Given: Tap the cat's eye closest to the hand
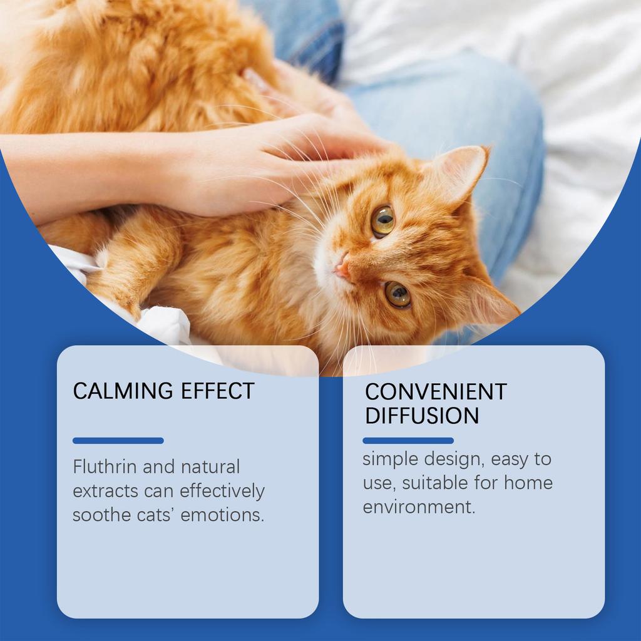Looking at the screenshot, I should (382, 220).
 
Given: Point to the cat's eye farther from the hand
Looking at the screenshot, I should (397, 294).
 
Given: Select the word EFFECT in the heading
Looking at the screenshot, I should (217, 391).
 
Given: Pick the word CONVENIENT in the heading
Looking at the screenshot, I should (436, 392).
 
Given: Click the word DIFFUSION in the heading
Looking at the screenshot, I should (422, 416).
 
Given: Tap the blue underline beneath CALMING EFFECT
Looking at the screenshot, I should (118, 441).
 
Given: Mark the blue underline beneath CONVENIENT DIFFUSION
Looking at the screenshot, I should (408, 441).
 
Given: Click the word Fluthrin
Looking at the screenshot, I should (105, 467).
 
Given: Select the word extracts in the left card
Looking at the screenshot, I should (106, 491).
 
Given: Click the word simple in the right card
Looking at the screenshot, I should (390, 459).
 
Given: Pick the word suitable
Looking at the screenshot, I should (431, 483).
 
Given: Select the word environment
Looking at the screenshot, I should (419, 507).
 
